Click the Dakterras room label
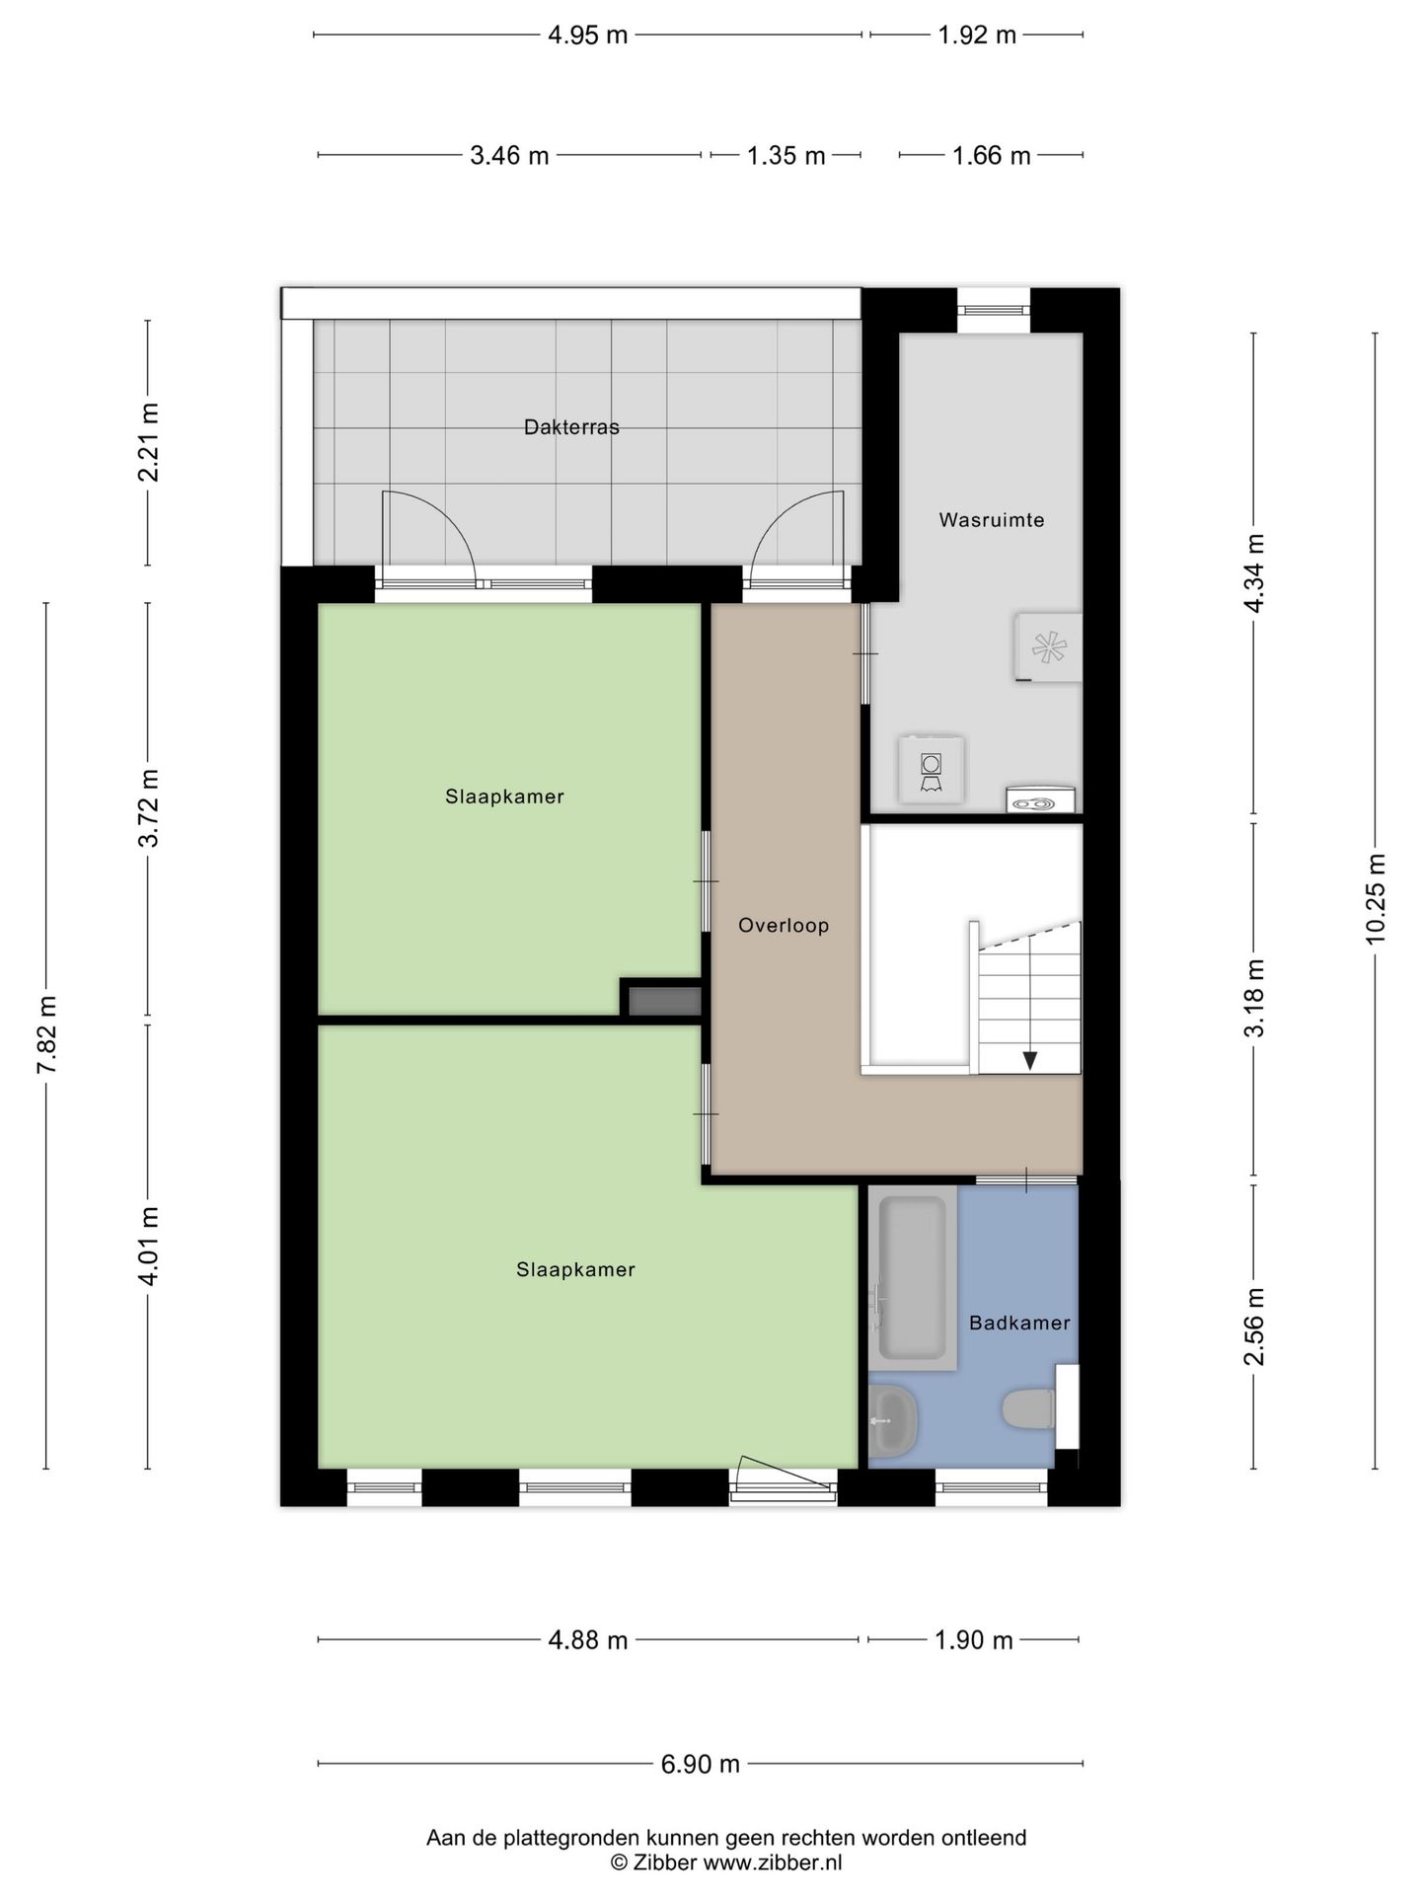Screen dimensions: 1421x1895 point(571,427)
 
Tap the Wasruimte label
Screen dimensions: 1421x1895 point(991,520)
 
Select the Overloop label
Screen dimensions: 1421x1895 point(784,926)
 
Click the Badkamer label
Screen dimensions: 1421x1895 point(1019,1323)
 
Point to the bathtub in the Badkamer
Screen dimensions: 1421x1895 point(913,1278)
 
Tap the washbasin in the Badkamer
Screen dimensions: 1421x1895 point(894,1420)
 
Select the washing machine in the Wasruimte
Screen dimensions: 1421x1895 point(931,769)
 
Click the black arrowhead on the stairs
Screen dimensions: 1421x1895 point(1029,1060)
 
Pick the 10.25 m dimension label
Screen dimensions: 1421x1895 point(1376,898)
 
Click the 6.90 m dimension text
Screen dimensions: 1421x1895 point(700,1764)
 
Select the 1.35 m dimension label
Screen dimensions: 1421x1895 point(785,156)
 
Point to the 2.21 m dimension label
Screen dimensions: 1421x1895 point(148,442)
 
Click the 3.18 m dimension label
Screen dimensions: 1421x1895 point(1254,998)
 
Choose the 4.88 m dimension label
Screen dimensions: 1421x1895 point(588,1640)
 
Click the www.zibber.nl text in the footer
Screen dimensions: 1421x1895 point(772,1862)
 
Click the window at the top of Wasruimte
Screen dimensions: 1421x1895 point(994,310)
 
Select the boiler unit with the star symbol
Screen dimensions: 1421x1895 point(1048,647)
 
